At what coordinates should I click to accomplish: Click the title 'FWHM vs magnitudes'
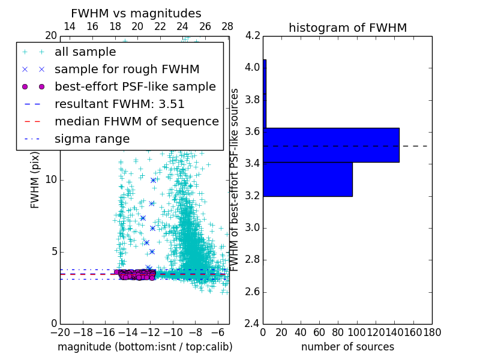(136, 13)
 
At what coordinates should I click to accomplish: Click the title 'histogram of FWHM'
(347, 28)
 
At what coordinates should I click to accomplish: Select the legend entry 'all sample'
(85, 52)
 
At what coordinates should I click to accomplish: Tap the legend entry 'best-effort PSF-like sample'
(135, 86)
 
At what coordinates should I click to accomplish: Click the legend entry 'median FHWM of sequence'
(136, 121)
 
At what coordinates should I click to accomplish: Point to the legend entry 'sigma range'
(92, 139)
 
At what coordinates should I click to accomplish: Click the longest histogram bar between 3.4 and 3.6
(331, 145)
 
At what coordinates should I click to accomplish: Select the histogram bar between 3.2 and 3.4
(308, 179)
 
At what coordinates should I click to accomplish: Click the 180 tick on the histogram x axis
(431, 331)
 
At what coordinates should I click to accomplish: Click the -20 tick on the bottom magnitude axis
(60, 331)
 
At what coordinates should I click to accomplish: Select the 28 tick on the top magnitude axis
(227, 26)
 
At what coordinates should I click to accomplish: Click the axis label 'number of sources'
(347, 347)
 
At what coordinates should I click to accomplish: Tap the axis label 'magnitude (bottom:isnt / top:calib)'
(145, 347)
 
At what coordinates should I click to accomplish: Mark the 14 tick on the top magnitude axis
(70, 26)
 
